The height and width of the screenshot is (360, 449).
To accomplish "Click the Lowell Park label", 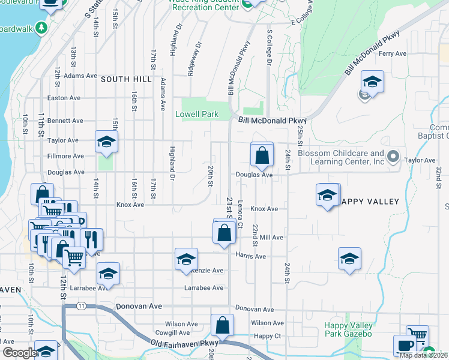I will (196, 114).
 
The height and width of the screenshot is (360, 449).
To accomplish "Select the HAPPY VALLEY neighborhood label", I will (370, 202).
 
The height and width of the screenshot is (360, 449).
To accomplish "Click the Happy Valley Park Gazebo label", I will (349, 329).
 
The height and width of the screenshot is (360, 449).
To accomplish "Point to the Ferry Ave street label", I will (393, 53).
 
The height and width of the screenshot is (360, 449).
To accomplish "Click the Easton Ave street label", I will (65, 98).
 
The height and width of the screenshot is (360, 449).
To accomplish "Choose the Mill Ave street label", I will (271, 238).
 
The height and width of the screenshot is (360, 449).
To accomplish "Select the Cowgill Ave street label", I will (168, 332).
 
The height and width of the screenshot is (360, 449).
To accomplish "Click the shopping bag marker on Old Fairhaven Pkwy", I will (222, 326).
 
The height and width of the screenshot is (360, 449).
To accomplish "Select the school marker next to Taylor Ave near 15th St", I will (106, 142).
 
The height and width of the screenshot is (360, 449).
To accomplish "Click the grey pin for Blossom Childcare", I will (393, 157).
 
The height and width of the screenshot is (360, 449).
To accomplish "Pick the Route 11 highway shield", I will (80, 306).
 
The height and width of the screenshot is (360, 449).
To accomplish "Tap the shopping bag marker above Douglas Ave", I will (262, 156).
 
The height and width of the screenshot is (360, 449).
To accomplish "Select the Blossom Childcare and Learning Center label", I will (341, 157).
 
